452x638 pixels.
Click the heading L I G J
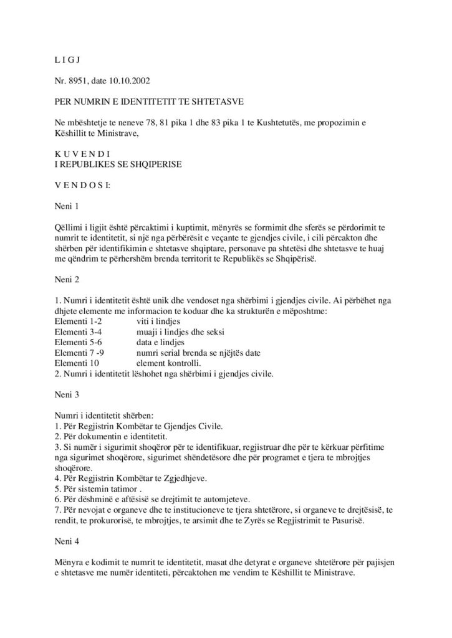tap(66, 60)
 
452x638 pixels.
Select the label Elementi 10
tap(76, 361)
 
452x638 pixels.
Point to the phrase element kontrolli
tap(166, 361)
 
